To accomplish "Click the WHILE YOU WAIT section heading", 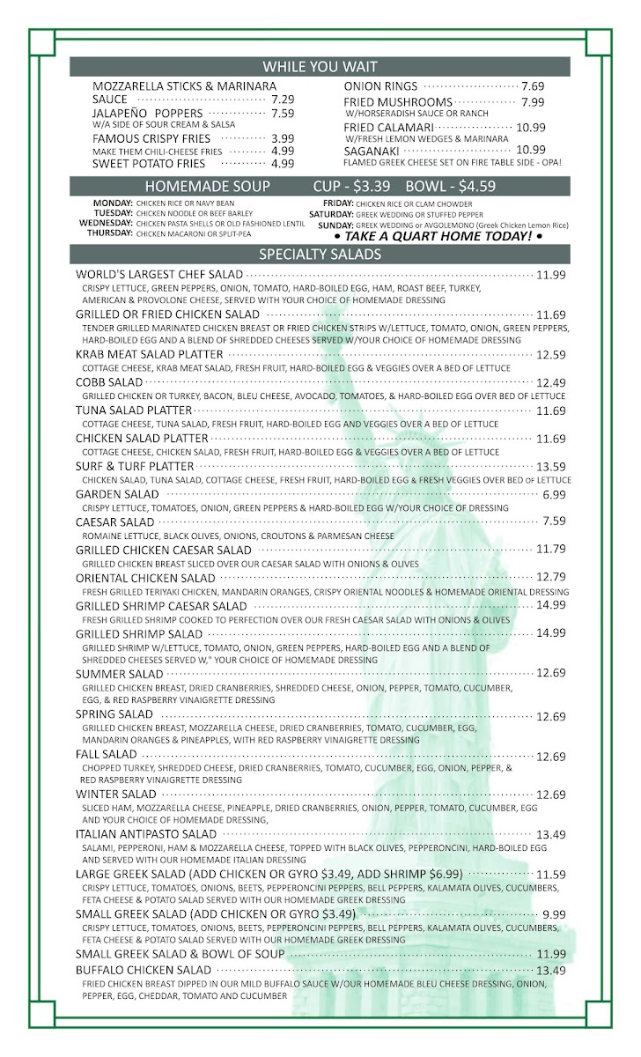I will [x=320, y=67].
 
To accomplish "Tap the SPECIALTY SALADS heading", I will [x=320, y=255].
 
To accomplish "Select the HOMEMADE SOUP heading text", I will [x=207, y=187].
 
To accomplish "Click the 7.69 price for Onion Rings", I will [x=533, y=86].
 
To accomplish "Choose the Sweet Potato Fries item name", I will [x=149, y=164].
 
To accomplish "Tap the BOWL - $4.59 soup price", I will [x=451, y=187].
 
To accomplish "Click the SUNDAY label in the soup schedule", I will [x=336, y=225].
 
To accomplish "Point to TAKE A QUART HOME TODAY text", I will [x=438, y=237].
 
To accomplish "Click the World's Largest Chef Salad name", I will [x=158, y=275].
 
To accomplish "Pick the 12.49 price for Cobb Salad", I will [x=550, y=382].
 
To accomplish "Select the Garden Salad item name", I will [x=117, y=495].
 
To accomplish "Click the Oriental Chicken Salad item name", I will [x=145, y=578].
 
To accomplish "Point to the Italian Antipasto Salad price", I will [x=550, y=834].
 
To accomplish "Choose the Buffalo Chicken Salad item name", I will [x=144, y=971].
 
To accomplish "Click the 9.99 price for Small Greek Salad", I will [x=554, y=915].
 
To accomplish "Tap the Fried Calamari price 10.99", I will [x=531, y=127].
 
